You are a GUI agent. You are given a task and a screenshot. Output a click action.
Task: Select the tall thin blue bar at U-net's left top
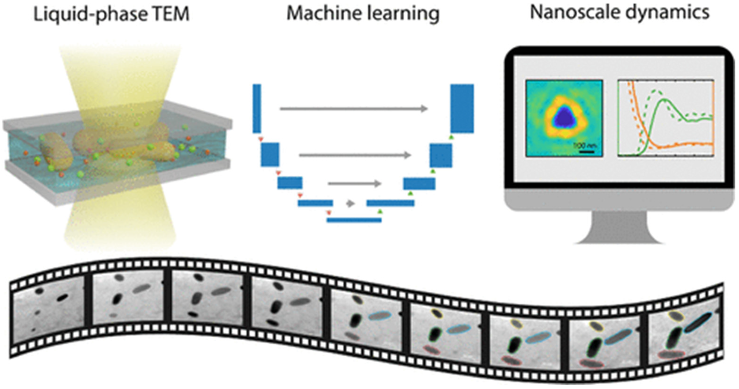[257, 109]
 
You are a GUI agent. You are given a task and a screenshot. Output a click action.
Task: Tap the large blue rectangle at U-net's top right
[462, 109]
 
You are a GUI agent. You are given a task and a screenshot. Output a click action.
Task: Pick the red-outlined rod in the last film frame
[671, 355]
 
